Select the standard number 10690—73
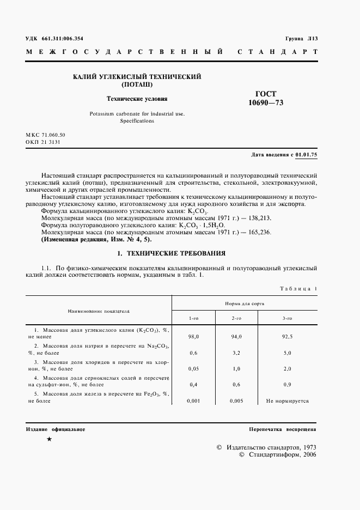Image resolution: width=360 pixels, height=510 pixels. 266,102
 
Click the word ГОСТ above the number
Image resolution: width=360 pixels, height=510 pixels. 266,94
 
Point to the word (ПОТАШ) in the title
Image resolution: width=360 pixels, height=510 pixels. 137,85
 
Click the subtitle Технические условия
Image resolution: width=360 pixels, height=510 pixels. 137,99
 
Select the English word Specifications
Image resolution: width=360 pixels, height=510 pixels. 137,121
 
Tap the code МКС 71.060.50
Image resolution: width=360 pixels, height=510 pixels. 46,134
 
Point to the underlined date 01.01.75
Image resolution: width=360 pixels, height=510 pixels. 306,155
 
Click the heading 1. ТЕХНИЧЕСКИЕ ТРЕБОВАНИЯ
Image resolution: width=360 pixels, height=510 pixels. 172,253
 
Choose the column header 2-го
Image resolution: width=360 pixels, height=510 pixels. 236,318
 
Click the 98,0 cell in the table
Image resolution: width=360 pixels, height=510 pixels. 193,337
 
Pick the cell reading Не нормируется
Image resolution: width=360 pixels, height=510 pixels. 287,400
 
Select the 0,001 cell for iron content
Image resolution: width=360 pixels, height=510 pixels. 193,400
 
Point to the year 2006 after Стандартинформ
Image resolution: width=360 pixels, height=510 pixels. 306,454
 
